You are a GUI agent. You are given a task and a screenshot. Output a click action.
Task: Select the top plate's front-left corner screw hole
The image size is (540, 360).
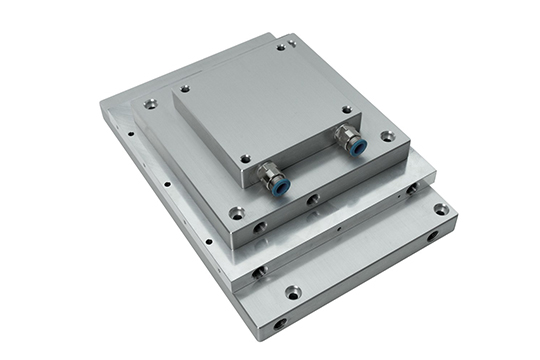click(x=246, y=157)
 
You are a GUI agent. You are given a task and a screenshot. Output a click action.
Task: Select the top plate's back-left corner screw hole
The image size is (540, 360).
click(x=186, y=88)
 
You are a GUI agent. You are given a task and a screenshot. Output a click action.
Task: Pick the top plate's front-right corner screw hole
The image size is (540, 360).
click(x=347, y=109)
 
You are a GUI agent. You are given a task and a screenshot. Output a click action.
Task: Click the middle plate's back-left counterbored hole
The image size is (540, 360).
click(x=151, y=102)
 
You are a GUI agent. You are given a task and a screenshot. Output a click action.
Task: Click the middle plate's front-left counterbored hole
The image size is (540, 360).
click(x=236, y=212)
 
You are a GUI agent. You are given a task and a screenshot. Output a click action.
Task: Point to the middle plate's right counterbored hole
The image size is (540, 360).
click(x=387, y=136)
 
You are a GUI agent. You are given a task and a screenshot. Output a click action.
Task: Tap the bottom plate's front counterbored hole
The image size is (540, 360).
click(x=292, y=292)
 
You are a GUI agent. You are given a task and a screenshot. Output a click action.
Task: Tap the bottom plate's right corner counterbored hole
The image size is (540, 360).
click(x=440, y=209)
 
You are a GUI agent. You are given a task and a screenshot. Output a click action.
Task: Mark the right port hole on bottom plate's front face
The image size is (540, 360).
click(x=432, y=237)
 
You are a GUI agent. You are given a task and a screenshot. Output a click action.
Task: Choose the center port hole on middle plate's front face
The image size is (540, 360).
click(x=313, y=200)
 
